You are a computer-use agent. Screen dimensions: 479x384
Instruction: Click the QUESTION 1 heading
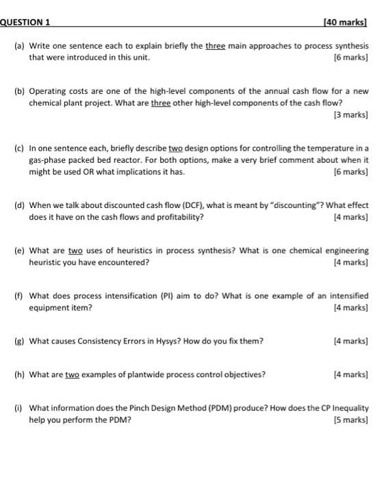[25, 22]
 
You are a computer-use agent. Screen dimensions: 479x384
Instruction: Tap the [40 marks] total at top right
[348, 22]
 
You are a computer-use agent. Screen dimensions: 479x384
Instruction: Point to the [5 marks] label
[352, 419]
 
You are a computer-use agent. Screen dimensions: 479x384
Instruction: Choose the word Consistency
[92, 340]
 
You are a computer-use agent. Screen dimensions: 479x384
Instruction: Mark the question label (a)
[18, 46]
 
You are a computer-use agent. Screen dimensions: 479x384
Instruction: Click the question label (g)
[18, 340]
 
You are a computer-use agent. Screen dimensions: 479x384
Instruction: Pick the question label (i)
[18, 409]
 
